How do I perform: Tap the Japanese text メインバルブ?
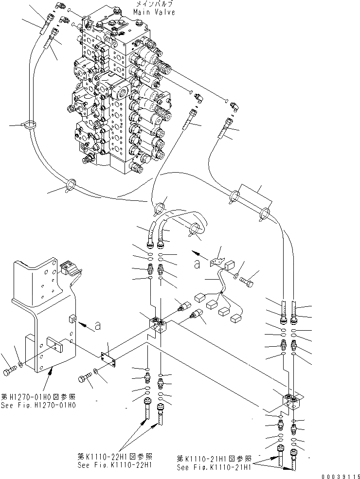point(155,4)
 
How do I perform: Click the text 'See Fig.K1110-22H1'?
point(115,464)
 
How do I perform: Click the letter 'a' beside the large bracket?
point(98,326)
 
